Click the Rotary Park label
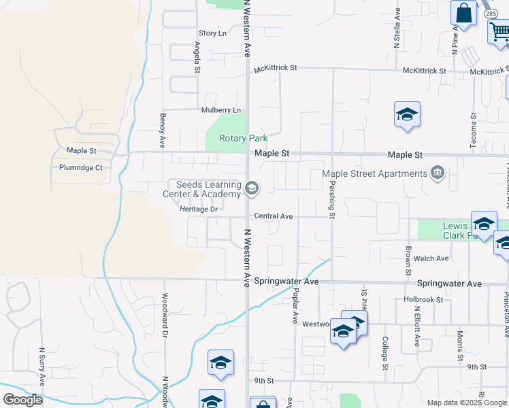click(x=243, y=138)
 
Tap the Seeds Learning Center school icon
click(x=252, y=189)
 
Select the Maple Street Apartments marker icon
click(x=436, y=173)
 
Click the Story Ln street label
click(x=212, y=33)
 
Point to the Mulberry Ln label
click(x=220, y=110)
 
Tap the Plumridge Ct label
click(x=80, y=167)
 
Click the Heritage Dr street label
click(x=198, y=209)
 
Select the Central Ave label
click(x=273, y=216)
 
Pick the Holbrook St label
click(x=423, y=299)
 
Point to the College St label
click(x=385, y=353)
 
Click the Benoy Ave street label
click(x=163, y=131)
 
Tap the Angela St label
click(x=197, y=57)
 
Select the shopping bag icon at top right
click(x=463, y=14)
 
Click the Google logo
click(x=22, y=400)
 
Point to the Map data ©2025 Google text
click(x=466, y=403)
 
